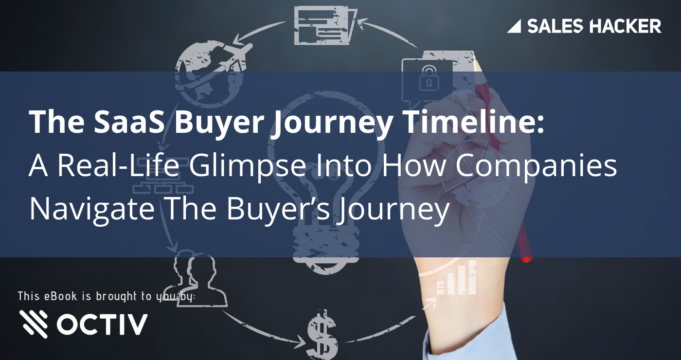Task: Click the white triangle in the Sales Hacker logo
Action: point(514,26)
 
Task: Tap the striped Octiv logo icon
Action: point(34,324)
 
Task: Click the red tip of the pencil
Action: point(526,255)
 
